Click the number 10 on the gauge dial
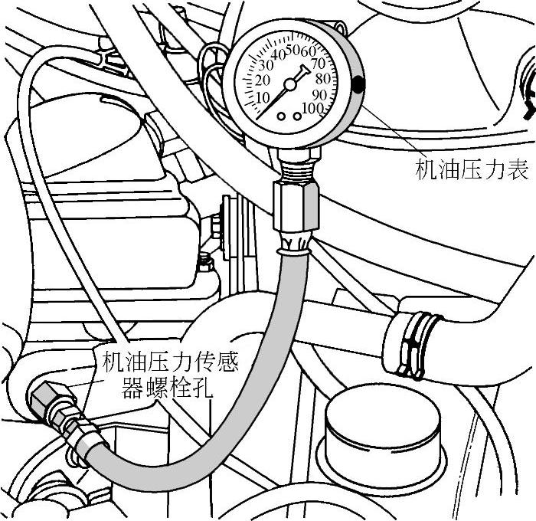(263, 97)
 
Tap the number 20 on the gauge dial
(264, 80)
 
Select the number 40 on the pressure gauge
(279, 55)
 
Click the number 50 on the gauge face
(293, 51)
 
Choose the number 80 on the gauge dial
(322, 78)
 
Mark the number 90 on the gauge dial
(319, 94)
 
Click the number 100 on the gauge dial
(312, 108)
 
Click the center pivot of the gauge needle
(290, 82)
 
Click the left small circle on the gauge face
(283, 116)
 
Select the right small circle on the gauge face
(296, 116)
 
